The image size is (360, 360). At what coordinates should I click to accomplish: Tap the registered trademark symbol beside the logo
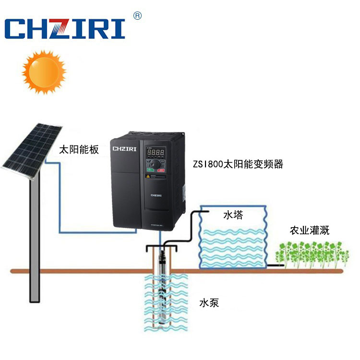coord(137,15)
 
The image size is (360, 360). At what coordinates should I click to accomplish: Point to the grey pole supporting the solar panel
coord(34,240)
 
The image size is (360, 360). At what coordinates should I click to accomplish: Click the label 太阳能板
coord(78,150)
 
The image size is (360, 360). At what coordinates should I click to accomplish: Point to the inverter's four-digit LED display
coord(156,153)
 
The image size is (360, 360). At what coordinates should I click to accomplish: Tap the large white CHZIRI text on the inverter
coord(125,149)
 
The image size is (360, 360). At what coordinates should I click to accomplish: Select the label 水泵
coord(209,303)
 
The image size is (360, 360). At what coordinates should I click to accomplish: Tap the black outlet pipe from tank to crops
coord(274,264)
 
